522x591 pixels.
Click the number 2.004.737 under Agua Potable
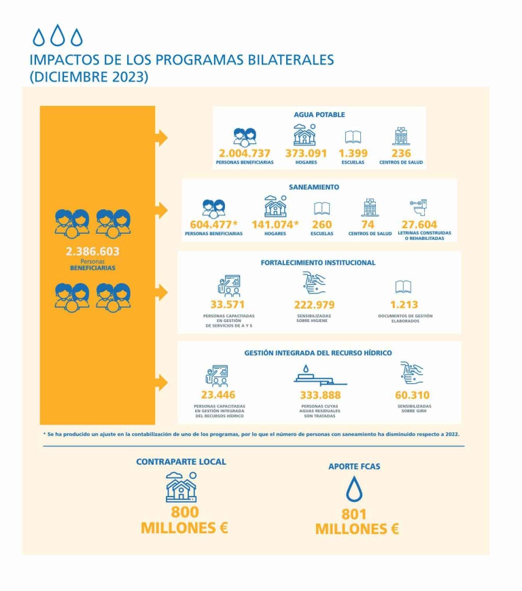coord(245,154)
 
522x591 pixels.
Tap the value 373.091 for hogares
coord(305,154)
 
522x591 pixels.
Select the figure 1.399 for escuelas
coord(353,154)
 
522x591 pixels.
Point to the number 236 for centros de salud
coord(401,154)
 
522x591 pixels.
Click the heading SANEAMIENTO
coord(314,187)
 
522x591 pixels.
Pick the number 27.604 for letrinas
coord(419,225)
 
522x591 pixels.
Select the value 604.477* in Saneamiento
coord(213,225)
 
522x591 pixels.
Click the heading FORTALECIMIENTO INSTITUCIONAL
coord(318,262)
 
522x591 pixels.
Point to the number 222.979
coord(314,305)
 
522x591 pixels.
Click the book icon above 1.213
coord(403,287)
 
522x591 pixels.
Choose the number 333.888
coord(320,395)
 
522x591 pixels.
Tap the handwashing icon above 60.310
coord(413,373)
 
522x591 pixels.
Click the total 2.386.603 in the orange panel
coord(92,251)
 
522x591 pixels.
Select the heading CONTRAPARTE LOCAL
coord(181,462)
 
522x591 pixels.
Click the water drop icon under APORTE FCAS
coord(354,488)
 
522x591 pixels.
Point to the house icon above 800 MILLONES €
coord(181,486)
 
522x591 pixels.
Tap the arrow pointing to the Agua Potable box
coord(161,138)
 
